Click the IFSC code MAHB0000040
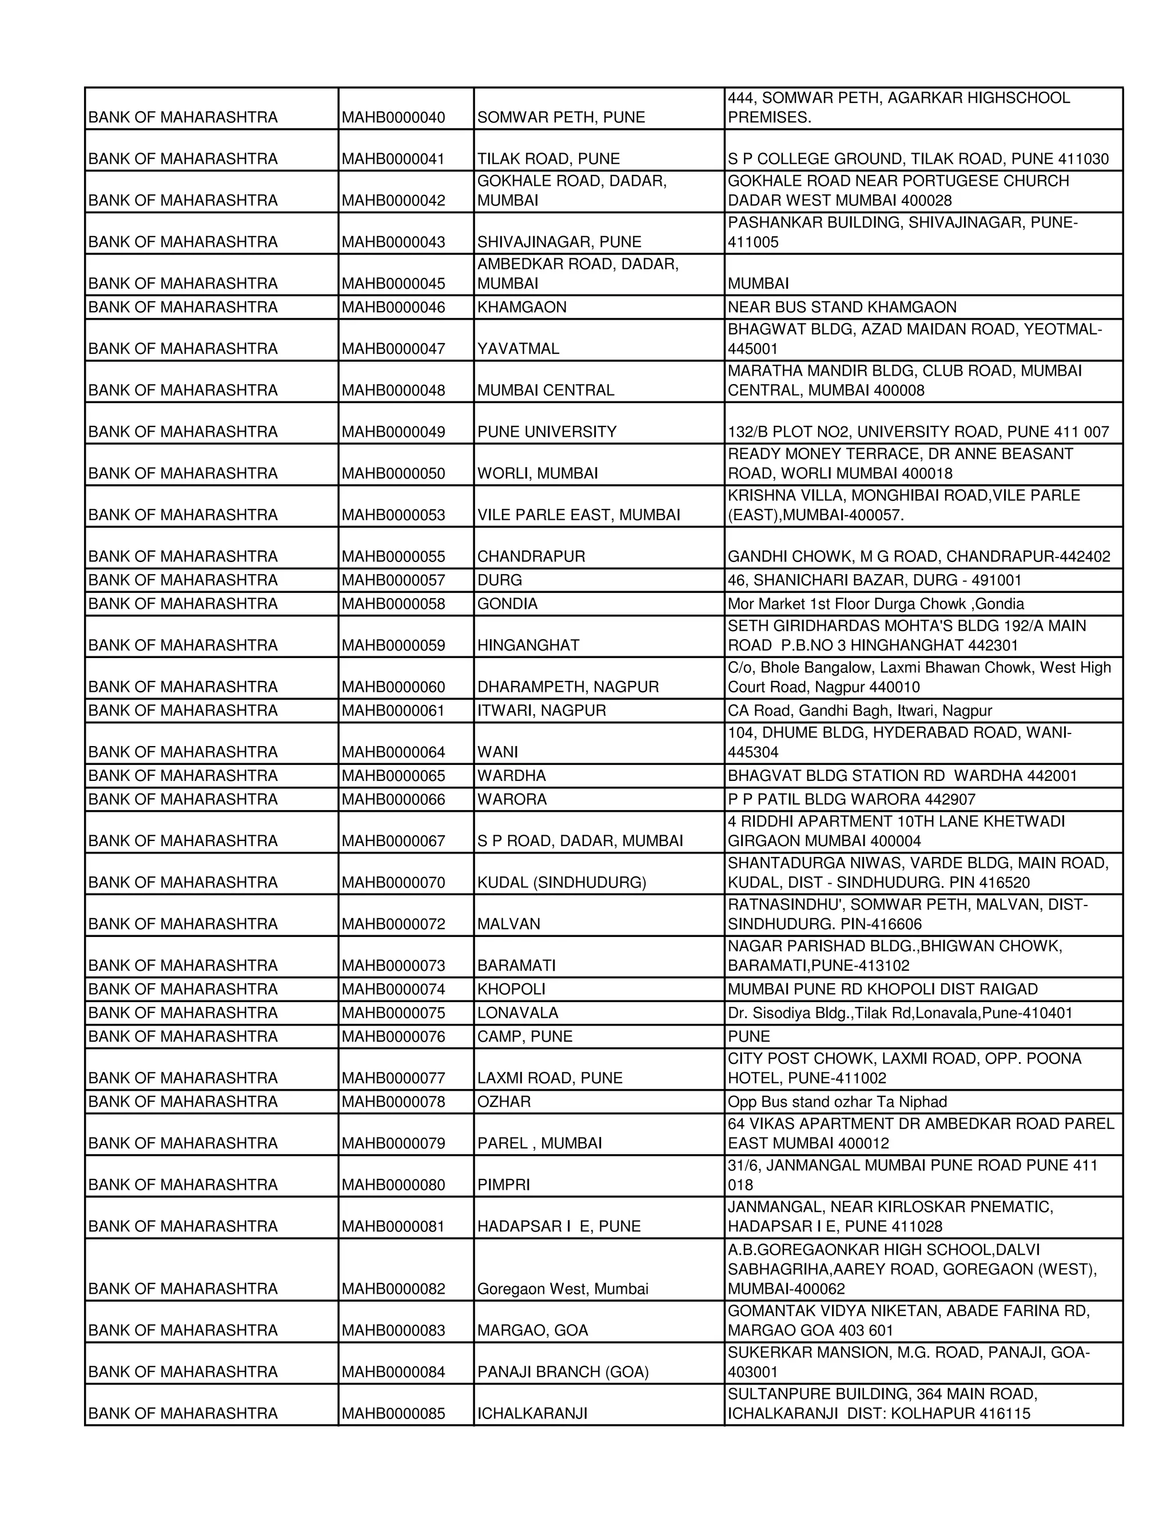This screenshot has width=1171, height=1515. [x=393, y=117]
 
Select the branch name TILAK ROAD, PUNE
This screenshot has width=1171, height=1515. [x=548, y=159]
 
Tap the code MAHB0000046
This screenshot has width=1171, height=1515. [x=393, y=308]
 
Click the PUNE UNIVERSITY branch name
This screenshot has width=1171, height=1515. [x=547, y=432]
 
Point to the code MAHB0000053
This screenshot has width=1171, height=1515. [x=393, y=515]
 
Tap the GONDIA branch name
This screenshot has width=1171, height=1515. [x=507, y=604]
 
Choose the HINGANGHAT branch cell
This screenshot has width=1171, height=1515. [x=528, y=645]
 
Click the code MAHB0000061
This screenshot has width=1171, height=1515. [x=393, y=710]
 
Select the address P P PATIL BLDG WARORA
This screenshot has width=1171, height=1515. [x=851, y=799]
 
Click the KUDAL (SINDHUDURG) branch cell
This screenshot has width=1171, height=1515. [x=561, y=882]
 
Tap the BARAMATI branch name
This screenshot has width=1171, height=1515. [x=516, y=966]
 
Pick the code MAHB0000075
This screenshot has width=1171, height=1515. [x=393, y=1013]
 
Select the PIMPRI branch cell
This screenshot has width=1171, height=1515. [x=503, y=1185]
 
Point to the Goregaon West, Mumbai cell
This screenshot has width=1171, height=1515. [x=563, y=1289]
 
